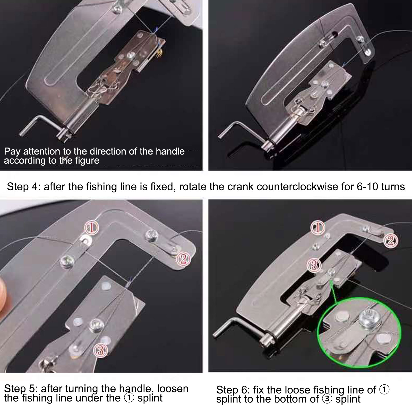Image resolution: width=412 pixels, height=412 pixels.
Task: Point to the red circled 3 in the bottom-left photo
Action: tap(100, 350)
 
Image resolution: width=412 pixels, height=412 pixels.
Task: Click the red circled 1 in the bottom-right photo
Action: tap(317, 227)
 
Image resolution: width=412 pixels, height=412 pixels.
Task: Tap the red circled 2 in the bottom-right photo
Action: tap(391, 241)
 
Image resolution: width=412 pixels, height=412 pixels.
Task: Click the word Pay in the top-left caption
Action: tap(12, 152)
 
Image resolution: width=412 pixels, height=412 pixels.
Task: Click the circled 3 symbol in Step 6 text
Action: tap(327, 399)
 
